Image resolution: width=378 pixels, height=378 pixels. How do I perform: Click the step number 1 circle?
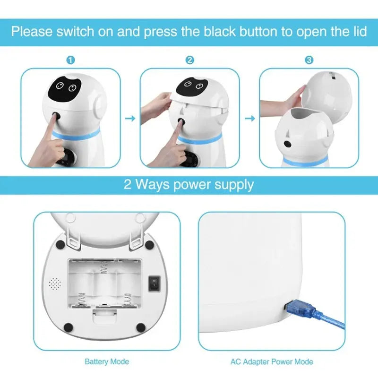71,60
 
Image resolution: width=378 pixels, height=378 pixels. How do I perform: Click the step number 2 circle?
189,60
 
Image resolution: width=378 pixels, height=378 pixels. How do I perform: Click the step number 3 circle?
309,60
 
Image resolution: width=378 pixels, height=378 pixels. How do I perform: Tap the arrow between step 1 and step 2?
130,118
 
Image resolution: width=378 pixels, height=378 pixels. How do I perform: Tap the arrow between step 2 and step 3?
249,118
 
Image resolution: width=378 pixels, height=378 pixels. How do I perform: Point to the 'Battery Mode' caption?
106,362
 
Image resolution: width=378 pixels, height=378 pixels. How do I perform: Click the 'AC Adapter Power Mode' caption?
272,362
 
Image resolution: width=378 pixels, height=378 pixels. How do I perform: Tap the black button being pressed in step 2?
181,122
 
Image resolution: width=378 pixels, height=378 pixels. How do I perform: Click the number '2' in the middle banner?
128,184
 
